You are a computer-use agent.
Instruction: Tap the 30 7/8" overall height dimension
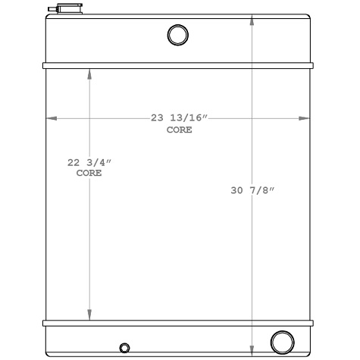tap(252, 191)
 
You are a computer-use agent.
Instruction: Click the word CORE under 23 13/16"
tap(180, 130)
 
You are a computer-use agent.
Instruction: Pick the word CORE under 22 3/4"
tap(89, 173)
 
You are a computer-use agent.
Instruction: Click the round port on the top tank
tap(177, 35)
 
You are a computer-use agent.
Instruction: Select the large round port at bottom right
tap(282, 341)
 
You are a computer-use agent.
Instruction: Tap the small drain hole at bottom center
tap(124, 348)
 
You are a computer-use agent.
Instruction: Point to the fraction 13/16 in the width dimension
tap(189, 118)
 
